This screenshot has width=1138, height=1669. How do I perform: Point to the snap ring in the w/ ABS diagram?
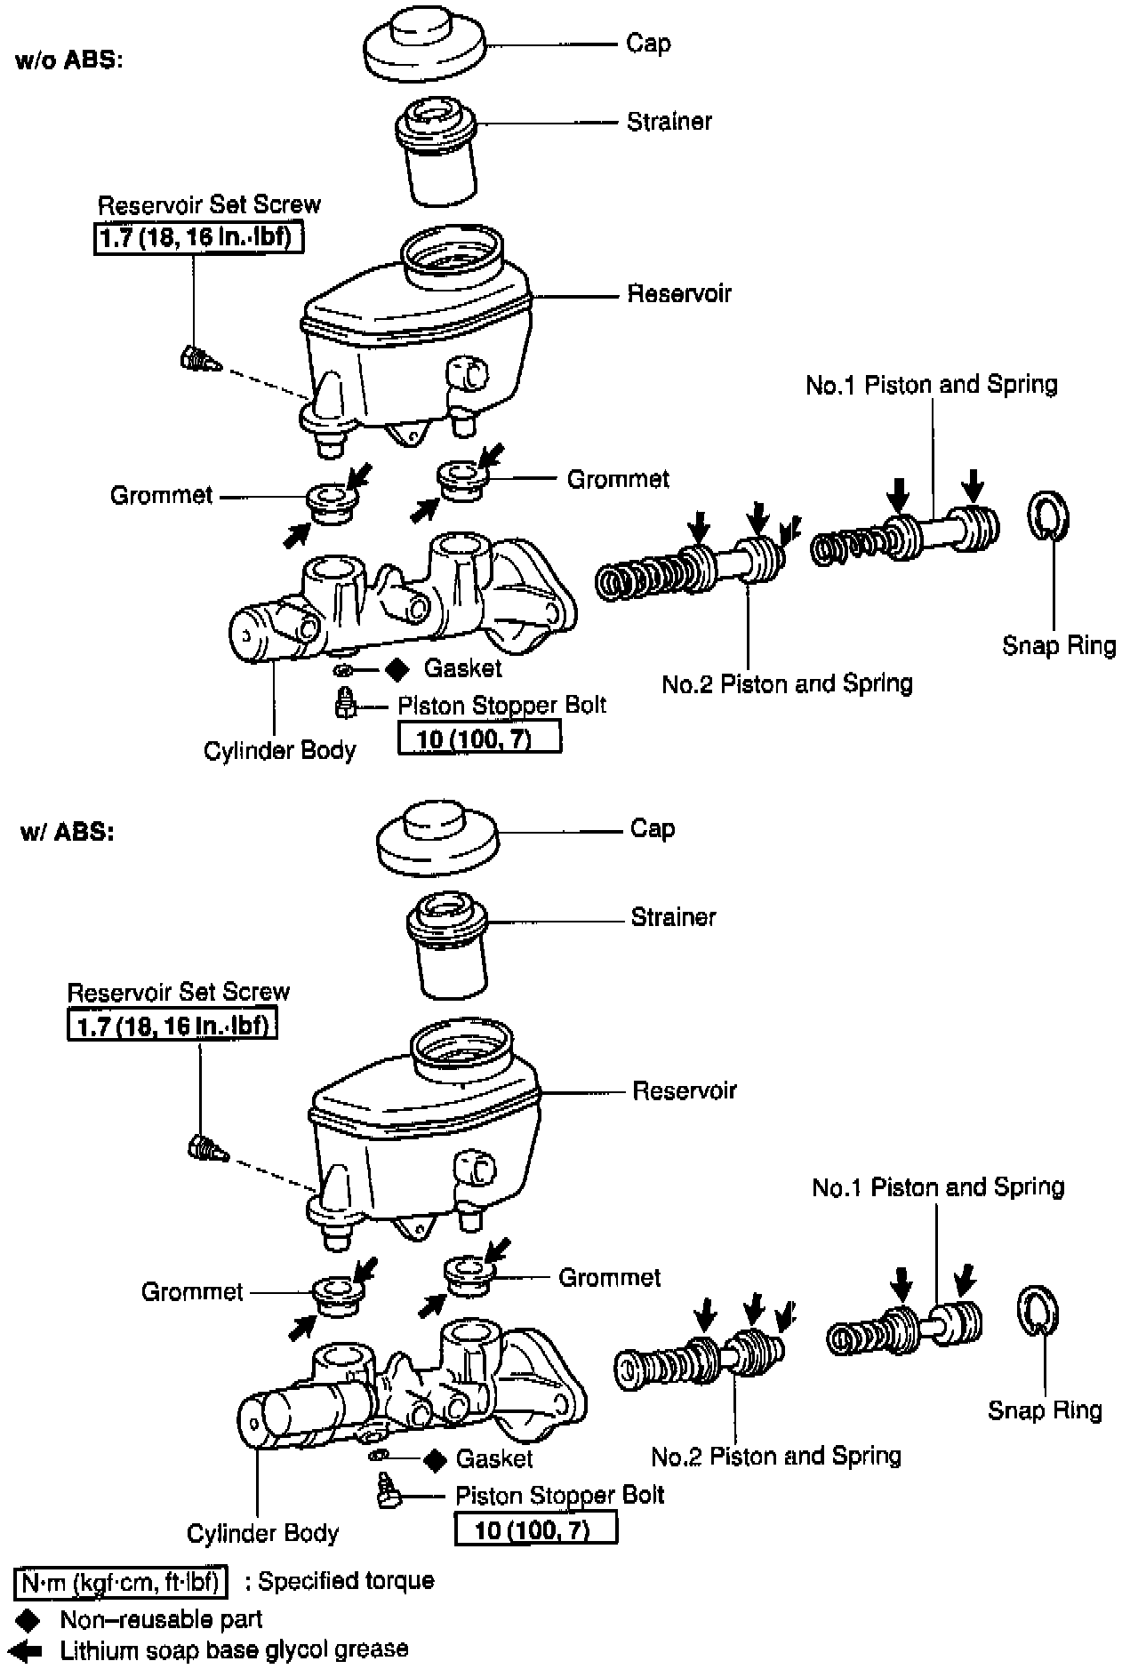tap(1037, 1309)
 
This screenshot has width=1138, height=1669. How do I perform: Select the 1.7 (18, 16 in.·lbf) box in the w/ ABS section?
tap(172, 1026)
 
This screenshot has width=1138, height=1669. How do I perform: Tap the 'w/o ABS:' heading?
tap(68, 61)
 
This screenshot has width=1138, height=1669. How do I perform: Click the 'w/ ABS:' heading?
tap(67, 833)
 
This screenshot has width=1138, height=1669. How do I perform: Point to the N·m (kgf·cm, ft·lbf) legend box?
tap(121, 1581)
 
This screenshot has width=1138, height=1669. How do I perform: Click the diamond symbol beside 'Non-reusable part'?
tap(35, 1618)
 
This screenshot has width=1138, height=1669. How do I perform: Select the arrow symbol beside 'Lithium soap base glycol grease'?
tap(29, 1650)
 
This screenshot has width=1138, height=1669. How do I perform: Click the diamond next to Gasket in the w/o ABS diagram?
tap(397, 668)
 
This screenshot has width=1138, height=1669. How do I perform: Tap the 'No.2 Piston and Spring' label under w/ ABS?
tap(776, 1456)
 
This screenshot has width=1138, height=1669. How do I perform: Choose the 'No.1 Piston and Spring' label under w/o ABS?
tap(932, 385)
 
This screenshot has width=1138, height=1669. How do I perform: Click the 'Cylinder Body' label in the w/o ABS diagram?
tap(279, 751)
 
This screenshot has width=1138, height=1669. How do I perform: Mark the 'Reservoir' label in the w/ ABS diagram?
tap(685, 1090)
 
